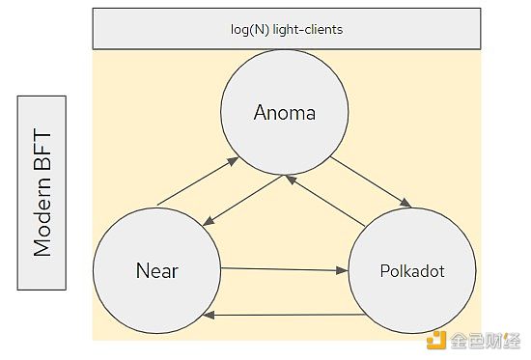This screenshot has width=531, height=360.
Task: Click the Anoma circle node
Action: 284,114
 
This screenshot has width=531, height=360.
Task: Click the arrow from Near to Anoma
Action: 198,180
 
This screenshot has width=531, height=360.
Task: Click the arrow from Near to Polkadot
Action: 285,270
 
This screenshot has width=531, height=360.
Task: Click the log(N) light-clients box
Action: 287,29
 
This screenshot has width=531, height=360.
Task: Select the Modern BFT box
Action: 42,193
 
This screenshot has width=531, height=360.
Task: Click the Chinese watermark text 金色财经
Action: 488,339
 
